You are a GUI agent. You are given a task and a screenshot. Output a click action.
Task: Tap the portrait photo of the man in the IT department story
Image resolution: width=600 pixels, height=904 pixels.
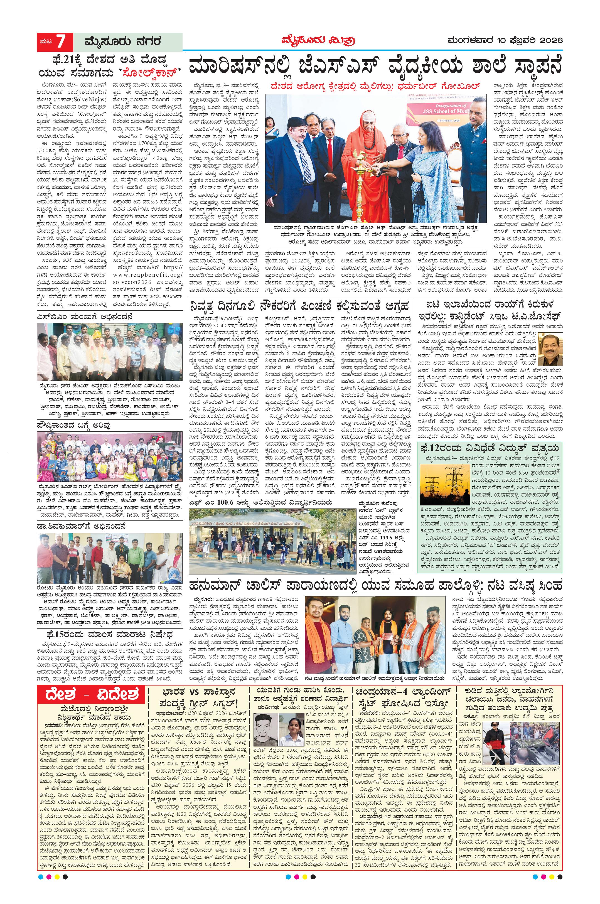point(550,349)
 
